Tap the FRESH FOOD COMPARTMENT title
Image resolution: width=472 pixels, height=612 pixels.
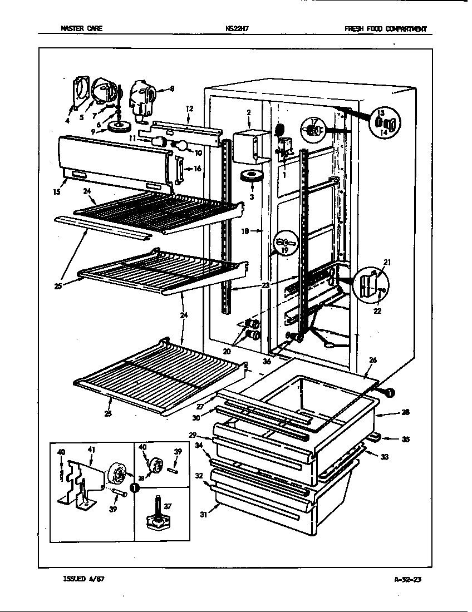coord(385,29)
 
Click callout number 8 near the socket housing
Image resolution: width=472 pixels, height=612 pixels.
coord(172,88)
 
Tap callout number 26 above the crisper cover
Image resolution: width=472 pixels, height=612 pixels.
coord(372,360)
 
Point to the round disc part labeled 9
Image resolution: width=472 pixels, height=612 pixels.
coord(117,129)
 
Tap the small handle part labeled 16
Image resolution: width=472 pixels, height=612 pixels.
coord(179,169)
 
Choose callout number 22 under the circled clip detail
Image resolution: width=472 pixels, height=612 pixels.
coord(377,311)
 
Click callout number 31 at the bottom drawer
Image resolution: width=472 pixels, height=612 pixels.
coord(204,515)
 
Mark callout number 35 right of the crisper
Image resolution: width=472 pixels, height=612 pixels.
coord(406,439)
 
